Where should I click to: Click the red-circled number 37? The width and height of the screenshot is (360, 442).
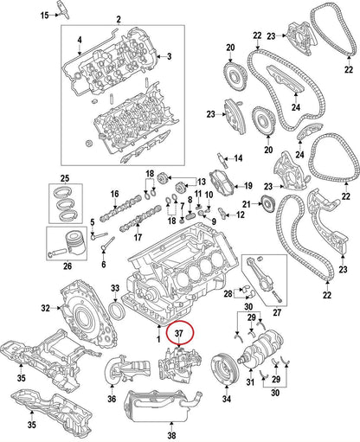tap(180, 332)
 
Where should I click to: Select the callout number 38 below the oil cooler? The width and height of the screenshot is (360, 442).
tap(170, 435)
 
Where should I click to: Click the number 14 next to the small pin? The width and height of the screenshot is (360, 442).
tap(238, 157)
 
